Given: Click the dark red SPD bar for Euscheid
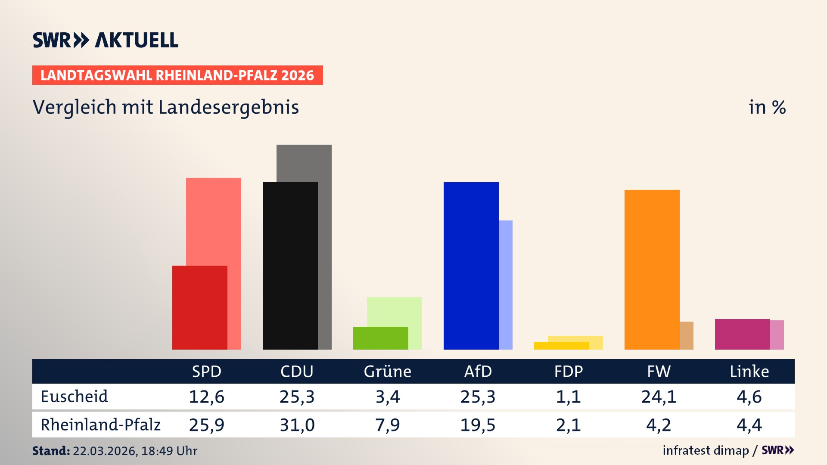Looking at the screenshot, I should pos(200,307).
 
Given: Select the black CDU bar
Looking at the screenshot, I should pos(290,266).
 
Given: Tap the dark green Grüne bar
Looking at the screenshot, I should pos(380,338).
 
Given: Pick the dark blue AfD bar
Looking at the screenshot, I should pos(471,266).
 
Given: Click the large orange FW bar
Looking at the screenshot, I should pos(652,270).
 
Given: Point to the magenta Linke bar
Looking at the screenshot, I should pos(742,334).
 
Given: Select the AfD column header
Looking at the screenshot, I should pos(478,372).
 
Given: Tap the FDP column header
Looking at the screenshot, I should pos(568,372).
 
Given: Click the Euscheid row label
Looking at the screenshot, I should pos(74,397).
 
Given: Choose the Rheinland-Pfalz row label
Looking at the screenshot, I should pos(100,425).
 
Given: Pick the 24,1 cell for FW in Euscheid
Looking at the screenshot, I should pos(659,397).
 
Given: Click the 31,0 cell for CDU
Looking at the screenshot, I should pos(297,425).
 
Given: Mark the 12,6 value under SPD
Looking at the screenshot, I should pos(206,397).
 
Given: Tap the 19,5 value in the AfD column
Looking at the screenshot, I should pos(478,425).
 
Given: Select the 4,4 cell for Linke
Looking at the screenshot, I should pos(749,425).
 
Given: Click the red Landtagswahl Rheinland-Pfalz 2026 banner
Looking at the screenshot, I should pos(177,75).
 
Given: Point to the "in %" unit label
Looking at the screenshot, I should pos(767,108).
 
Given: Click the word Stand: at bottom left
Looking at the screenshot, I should pos(51,451).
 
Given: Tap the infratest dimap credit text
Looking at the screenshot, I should pos(706,450).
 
